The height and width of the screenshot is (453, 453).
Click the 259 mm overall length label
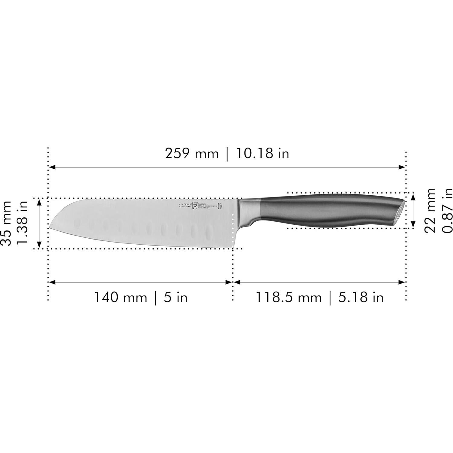click(x=191, y=154)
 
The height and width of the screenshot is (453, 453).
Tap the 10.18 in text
click(x=262, y=154)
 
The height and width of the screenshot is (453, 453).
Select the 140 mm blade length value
click(x=120, y=297)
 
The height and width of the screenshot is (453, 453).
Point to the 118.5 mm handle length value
click(x=288, y=297)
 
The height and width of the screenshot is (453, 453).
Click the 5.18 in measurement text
click(x=361, y=297)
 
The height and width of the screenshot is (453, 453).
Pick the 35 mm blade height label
click(x=7, y=224)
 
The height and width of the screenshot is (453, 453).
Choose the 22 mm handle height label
click(x=429, y=210)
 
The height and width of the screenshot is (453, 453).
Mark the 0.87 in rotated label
click(x=447, y=210)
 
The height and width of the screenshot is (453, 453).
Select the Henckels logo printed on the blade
click(x=194, y=205)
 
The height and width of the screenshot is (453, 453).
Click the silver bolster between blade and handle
click(x=250, y=209)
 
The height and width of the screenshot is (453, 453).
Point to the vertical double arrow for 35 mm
click(x=39, y=223)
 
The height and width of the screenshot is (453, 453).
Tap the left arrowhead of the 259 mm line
click(x=51, y=167)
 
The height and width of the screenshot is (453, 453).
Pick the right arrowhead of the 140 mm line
click(x=229, y=282)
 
